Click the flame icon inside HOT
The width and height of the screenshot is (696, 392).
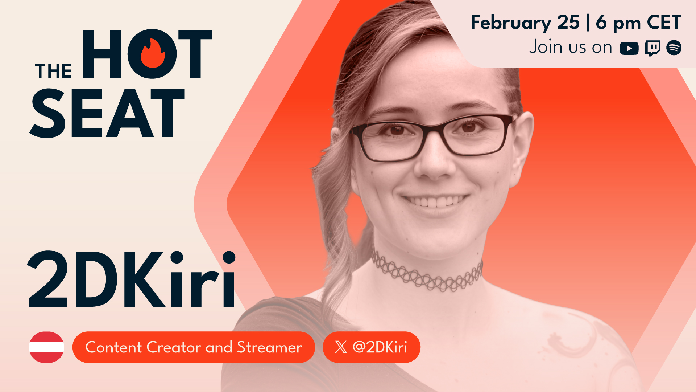(153, 53)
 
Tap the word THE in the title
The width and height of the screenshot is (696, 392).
(54, 71)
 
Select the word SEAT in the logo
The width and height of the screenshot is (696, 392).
(107, 113)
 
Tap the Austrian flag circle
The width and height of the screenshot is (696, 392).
(46, 347)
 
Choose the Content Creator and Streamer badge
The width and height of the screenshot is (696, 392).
(194, 347)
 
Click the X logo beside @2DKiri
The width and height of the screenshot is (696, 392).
(341, 347)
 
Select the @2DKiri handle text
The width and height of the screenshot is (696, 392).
(380, 347)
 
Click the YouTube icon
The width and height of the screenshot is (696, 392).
(629, 48)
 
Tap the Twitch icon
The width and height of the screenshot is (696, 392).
(652, 48)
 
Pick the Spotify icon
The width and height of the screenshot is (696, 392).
(674, 48)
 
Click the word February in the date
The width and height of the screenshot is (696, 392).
(511, 23)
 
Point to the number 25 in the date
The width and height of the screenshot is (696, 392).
(568, 23)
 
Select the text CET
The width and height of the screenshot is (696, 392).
(664, 23)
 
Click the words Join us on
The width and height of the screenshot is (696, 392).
(571, 47)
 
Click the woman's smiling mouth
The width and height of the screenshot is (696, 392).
(435, 202)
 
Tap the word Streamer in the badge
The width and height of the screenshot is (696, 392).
(269, 347)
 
